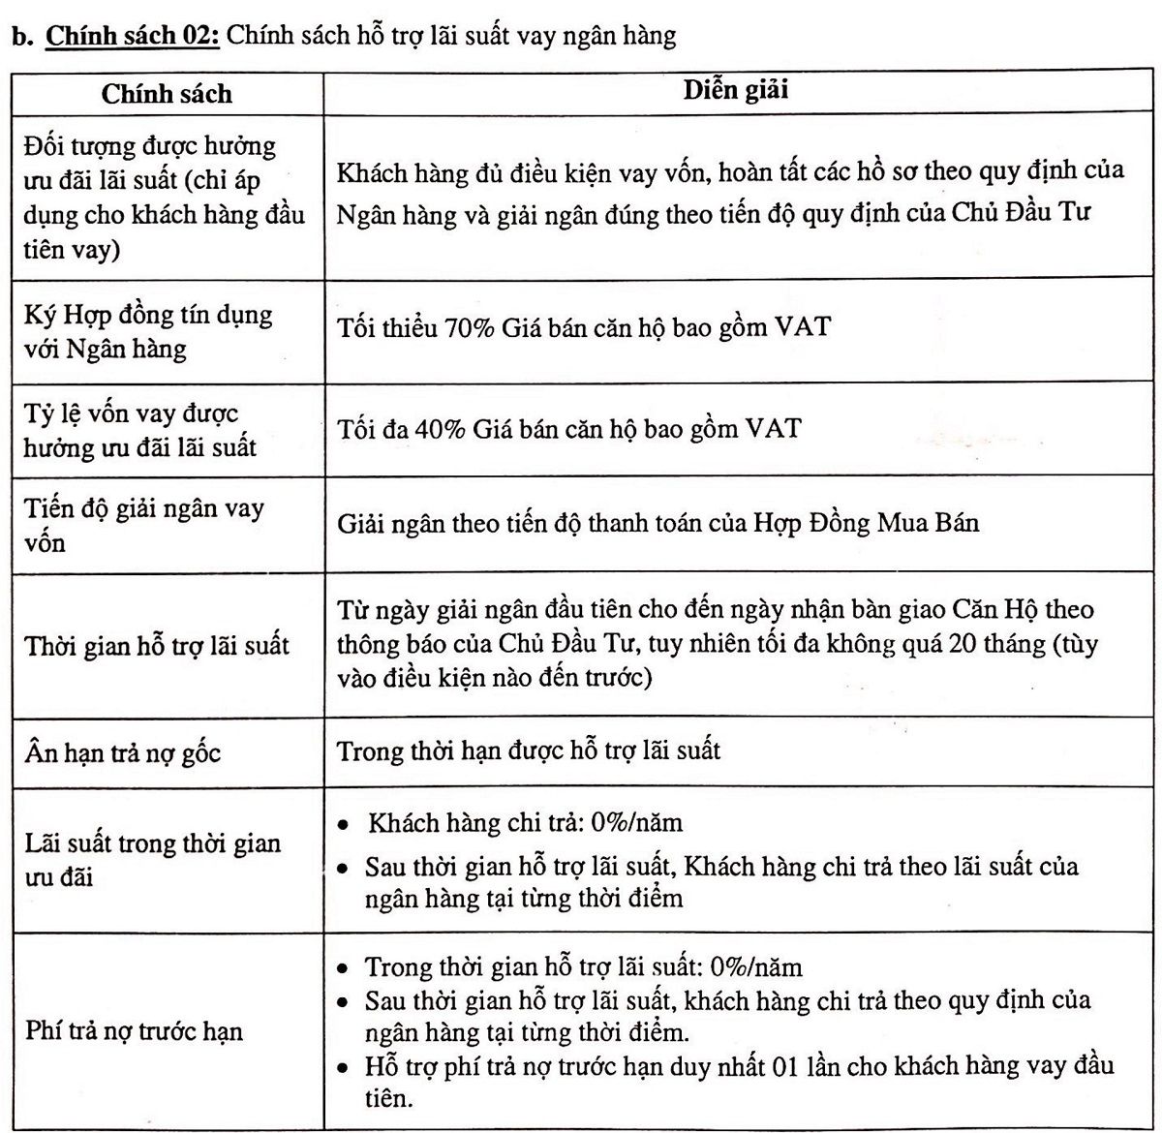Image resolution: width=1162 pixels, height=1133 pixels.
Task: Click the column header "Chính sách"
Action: point(167,94)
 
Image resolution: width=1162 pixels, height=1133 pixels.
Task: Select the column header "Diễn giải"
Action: point(736,90)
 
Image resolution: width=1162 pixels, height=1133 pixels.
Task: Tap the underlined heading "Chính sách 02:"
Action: point(135,37)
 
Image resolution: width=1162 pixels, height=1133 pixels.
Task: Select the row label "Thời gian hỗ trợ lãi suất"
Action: point(157,645)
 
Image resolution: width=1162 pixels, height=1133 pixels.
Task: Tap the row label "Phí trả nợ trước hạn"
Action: point(134,1031)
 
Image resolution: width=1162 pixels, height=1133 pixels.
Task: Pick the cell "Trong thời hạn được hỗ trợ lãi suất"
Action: point(529,750)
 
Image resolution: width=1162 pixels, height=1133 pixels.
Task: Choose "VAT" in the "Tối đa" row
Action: point(774,428)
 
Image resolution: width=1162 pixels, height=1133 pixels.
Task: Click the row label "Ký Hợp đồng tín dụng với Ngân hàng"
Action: point(148,331)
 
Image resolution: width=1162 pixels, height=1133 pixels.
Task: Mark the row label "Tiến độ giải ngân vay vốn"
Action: point(143,524)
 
